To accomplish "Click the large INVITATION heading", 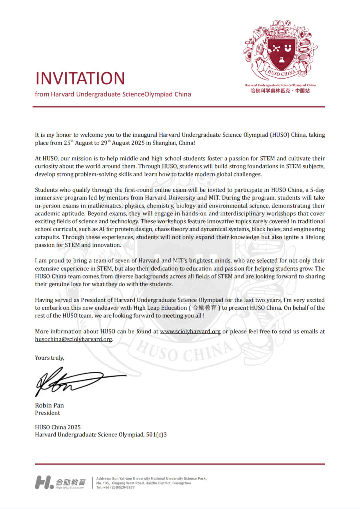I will [x=80, y=79].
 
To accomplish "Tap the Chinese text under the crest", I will [x=280, y=91].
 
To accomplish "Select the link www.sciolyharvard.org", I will [x=190, y=332].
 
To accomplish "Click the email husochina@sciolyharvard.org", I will [x=73, y=339].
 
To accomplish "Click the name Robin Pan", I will [x=49, y=405].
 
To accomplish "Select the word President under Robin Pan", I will [x=47, y=413].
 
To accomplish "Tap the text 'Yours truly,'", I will [x=49, y=358].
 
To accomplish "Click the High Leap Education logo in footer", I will [x=60, y=482].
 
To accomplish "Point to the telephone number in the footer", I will [x=116, y=487].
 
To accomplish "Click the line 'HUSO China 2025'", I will [x=58, y=427].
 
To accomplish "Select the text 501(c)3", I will [x=156, y=435].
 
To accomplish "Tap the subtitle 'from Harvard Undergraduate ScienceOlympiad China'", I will [x=113, y=94].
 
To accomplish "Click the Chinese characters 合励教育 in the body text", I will [x=205, y=308].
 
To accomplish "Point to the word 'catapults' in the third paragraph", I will [x=47, y=237].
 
